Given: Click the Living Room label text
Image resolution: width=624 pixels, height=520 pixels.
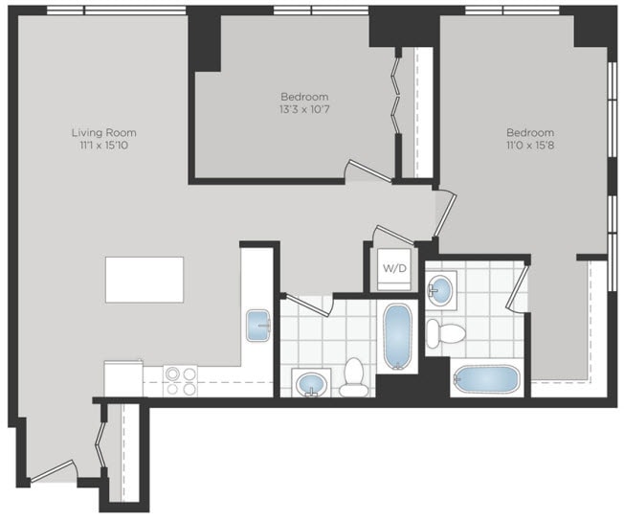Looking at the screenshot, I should click(102, 132).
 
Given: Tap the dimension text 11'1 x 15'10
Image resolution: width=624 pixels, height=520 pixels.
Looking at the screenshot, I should click(102, 146).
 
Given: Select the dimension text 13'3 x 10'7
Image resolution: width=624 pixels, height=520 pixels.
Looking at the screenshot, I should click(304, 110).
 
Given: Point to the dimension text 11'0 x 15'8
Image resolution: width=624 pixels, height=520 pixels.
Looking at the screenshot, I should click(530, 146).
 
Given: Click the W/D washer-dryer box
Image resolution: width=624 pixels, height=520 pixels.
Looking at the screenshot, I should click(394, 267).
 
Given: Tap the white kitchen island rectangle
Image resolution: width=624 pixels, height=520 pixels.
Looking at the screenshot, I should click(145, 279).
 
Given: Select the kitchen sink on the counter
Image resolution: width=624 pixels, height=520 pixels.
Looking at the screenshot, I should click(258, 325).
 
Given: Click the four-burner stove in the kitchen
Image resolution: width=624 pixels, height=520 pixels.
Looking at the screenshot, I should click(180, 380).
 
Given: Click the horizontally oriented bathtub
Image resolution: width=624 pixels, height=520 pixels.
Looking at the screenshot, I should click(486, 378).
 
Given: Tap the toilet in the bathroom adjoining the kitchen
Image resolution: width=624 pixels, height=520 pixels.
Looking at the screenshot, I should click(354, 379).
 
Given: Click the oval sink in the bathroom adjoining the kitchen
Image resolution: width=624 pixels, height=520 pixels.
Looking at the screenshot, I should click(312, 385).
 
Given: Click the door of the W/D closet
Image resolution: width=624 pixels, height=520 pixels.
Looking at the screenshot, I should click(394, 233).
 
